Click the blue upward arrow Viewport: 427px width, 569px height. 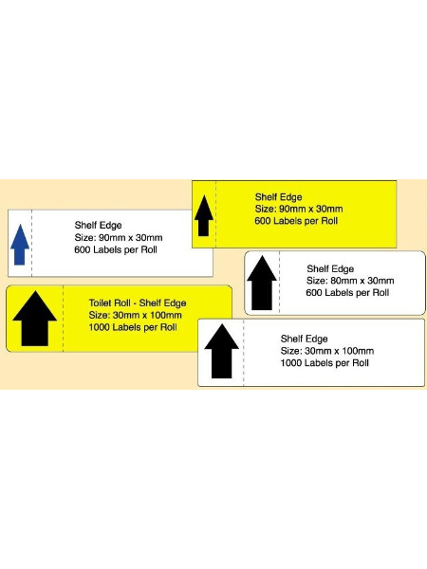coord(20,245)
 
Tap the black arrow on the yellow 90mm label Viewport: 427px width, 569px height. coord(204,215)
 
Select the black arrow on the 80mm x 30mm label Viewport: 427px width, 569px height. coord(262,283)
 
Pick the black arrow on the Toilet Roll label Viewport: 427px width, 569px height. coord(34,319)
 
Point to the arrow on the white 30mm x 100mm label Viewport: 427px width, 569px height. coord(221,351)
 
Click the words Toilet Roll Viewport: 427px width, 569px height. coord(110,303)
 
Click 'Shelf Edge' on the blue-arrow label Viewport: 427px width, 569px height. coord(98,226)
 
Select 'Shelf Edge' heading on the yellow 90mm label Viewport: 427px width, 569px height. coord(278,197)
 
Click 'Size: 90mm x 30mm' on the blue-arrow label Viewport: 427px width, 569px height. coord(119,238)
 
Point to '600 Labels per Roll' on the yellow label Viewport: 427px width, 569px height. coord(296,221)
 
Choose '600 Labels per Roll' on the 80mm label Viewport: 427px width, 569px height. coord(347,292)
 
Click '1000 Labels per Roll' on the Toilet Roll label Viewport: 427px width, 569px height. coord(133,327)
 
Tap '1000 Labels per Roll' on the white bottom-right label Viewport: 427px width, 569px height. coord(325,363)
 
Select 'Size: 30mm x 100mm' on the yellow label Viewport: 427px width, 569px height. coord(135,315)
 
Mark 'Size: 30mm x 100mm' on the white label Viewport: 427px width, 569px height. coord(327,351)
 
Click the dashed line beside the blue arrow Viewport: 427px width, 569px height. coord(31,243)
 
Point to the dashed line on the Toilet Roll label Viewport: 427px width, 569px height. coord(63,319)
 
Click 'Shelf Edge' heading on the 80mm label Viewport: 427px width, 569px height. coord(330,269)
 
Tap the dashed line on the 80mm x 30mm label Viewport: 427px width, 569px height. coord(279,283)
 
